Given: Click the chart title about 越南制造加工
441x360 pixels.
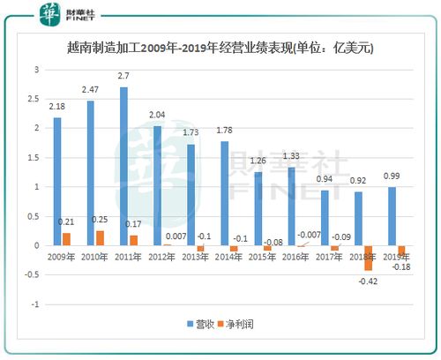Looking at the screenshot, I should [x=220, y=49].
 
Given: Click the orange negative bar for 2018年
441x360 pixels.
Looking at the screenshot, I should [x=368, y=258].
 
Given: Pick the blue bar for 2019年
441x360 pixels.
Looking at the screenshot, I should [x=392, y=216].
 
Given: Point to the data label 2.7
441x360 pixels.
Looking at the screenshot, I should [x=123, y=77].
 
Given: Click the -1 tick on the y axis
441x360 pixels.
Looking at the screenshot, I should [x=35, y=304].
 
